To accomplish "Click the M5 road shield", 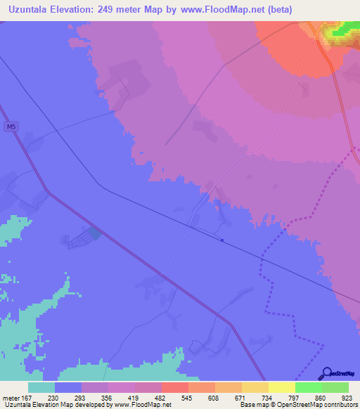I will point(9,127).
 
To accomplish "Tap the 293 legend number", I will point(81,397).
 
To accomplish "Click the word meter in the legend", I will point(11,397).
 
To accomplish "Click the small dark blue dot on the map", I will point(223,240).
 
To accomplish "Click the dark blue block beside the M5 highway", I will point(94,233).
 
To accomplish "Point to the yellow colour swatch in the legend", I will point(281,387).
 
